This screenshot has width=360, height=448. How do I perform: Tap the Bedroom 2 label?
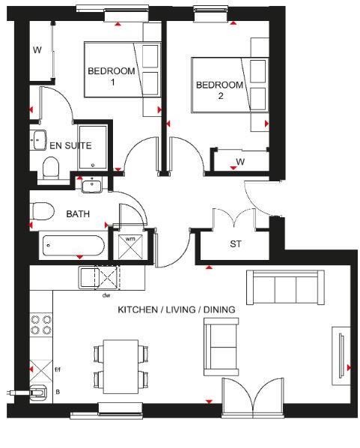(219, 90)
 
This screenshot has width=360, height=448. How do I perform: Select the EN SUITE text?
(71, 145)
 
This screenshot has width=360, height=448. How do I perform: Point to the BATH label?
(78, 214)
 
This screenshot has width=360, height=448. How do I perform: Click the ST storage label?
(236, 244)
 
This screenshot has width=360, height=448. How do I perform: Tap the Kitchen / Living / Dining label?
(177, 309)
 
